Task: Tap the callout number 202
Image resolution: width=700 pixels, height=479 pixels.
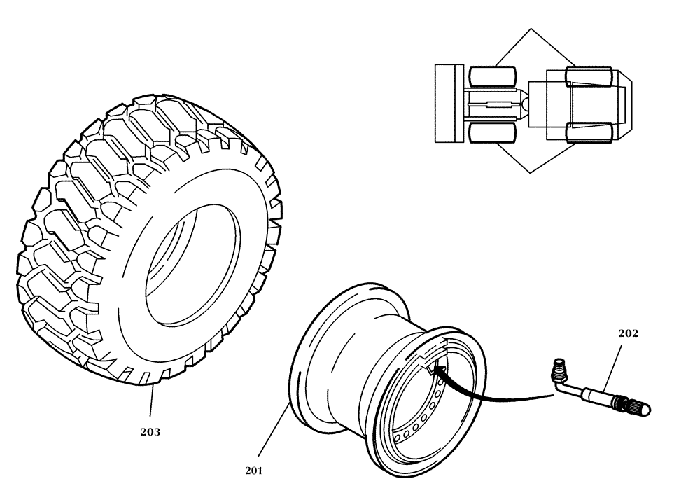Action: (x=628, y=333)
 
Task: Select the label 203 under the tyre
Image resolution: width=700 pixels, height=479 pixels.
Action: (x=150, y=432)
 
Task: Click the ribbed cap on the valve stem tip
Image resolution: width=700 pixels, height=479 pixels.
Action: (x=640, y=405)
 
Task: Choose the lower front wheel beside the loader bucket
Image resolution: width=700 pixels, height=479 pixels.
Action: (x=493, y=132)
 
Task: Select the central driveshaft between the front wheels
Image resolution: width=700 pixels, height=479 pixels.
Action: (x=493, y=104)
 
